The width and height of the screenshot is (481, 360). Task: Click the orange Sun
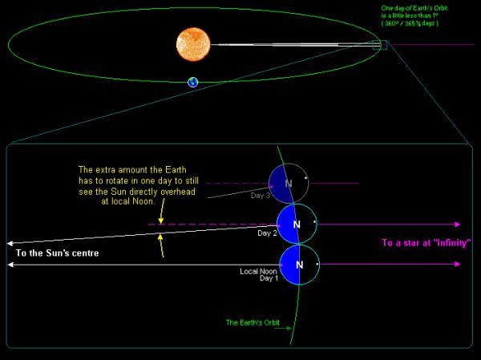point(193,43)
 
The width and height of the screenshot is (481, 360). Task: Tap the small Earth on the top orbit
point(192,82)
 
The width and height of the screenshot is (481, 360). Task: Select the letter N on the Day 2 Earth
point(297,224)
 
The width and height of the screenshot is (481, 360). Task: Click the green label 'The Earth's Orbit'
point(251,323)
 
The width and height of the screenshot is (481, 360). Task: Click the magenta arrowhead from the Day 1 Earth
point(459,264)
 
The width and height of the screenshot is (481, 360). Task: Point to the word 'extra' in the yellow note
point(107,169)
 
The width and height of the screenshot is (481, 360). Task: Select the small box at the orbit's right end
point(385,45)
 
